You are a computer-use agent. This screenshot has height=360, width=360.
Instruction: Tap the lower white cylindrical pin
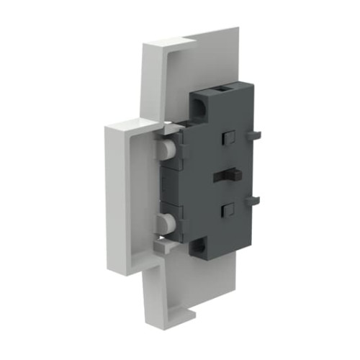[x=166, y=222]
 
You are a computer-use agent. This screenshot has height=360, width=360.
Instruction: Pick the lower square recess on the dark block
[x=228, y=210]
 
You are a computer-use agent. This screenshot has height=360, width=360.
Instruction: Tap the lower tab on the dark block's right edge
[x=251, y=202]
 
